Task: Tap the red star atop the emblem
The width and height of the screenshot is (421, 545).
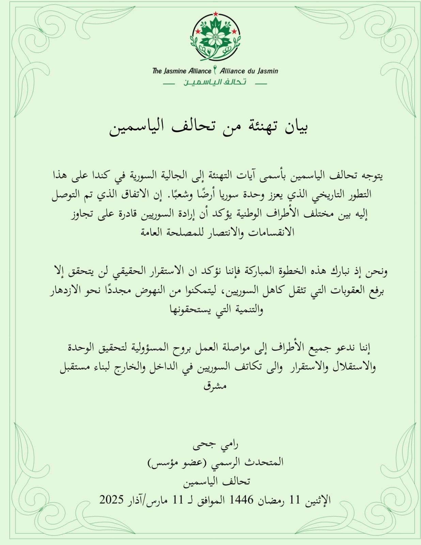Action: coord(216,14)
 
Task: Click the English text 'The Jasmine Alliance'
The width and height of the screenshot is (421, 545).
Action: coord(182,71)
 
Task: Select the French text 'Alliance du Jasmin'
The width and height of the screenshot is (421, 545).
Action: coord(249,71)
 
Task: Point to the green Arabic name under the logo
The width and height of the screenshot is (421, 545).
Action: coord(215,82)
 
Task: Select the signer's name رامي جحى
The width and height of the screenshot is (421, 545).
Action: coord(215,445)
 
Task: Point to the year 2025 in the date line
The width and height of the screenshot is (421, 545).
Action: coord(111,500)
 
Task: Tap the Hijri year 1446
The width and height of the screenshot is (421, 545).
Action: coord(241,500)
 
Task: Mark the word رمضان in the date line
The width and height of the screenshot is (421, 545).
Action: coord(271,500)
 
